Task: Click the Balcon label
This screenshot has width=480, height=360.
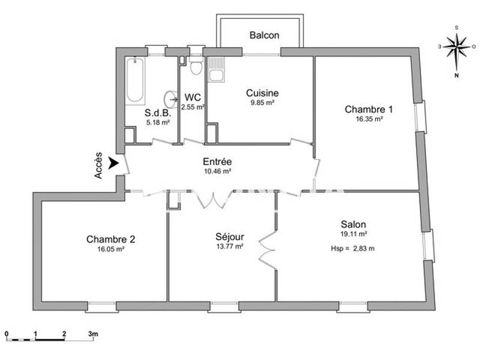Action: click(x=264, y=35)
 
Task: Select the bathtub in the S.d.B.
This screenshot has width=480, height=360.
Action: click(x=135, y=80)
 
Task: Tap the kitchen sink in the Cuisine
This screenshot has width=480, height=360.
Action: click(x=216, y=71)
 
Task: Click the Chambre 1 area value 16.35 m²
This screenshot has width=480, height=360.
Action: click(x=368, y=119)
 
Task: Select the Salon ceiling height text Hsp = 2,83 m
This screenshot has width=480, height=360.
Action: click(x=352, y=248)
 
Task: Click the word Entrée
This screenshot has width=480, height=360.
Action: click(x=217, y=162)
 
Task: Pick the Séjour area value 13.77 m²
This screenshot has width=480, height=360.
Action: click(x=230, y=246)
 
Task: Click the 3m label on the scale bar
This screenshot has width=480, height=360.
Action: click(x=93, y=333)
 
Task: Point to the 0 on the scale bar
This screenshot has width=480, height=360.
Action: click(x=7, y=333)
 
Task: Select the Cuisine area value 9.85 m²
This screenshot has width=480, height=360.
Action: click(x=262, y=103)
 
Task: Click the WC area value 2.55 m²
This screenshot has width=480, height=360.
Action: click(x=193, y=107)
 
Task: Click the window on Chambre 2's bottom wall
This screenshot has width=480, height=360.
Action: click(x=101, y=306)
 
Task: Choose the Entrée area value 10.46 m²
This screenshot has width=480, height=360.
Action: click(x=217, y=171)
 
